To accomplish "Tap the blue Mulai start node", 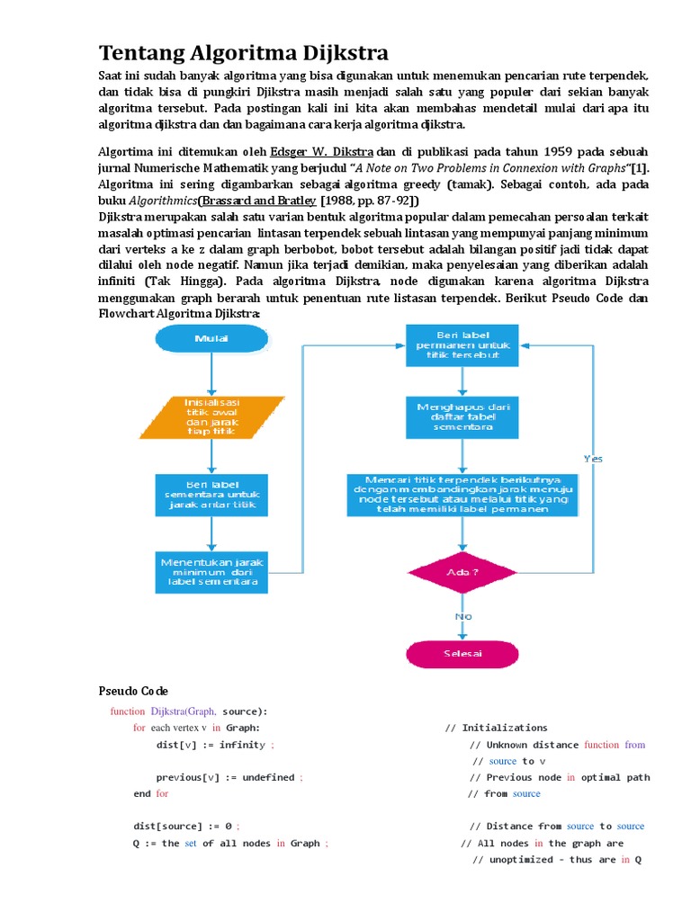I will click(211, 338).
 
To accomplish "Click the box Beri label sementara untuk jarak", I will click(211, 495).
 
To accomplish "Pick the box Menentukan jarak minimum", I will click(211, 572).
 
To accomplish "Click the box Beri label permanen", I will click(462, 345).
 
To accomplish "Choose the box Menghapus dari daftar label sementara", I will click(462, 417).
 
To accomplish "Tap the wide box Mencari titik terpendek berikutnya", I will click(462, 495).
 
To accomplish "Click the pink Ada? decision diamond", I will click(462, 572).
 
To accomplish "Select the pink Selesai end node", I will click(462, 653).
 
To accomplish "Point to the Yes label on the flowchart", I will click(593, 458).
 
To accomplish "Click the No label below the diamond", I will click(463, 616).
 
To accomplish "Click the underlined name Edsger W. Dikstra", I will click(322, 151).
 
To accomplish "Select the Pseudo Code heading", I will click(133, 691).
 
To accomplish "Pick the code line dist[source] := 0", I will click(186, 826).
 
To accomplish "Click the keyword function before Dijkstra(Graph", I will click(127, 711).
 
